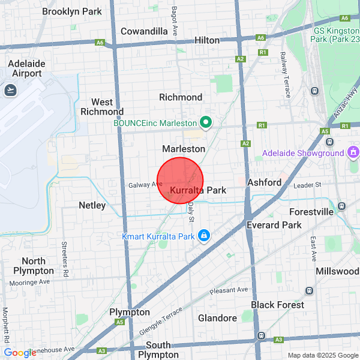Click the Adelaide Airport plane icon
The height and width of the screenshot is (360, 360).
(x=10, y=90)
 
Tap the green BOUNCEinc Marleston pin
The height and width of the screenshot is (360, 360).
(x=206, y=122)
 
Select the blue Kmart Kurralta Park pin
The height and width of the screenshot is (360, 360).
(x=204, y=235)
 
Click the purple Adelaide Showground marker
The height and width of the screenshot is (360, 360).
(x=352, y=152)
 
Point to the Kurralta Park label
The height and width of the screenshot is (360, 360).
(x=198, y=190)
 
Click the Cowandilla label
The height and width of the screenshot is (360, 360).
(x=144, y=31)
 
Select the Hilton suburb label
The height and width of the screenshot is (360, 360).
(x=207, y=40)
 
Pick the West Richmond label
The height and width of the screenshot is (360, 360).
(x=101, y=107)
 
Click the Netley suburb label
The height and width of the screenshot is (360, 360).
(x=92, y=205)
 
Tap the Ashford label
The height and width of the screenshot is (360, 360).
(x=264, y=182)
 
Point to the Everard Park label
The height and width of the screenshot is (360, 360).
(x=274, y=224)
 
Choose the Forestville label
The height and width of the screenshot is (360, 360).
(x=311, y=212)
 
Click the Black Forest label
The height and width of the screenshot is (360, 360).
(x=277, y=305)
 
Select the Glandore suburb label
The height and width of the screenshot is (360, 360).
(x=217, y=318)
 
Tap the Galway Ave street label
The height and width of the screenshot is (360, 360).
(x=145, y=185)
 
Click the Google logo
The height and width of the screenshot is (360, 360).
(x=20, y=353)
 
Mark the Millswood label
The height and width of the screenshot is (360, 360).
(x=337, y=271)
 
